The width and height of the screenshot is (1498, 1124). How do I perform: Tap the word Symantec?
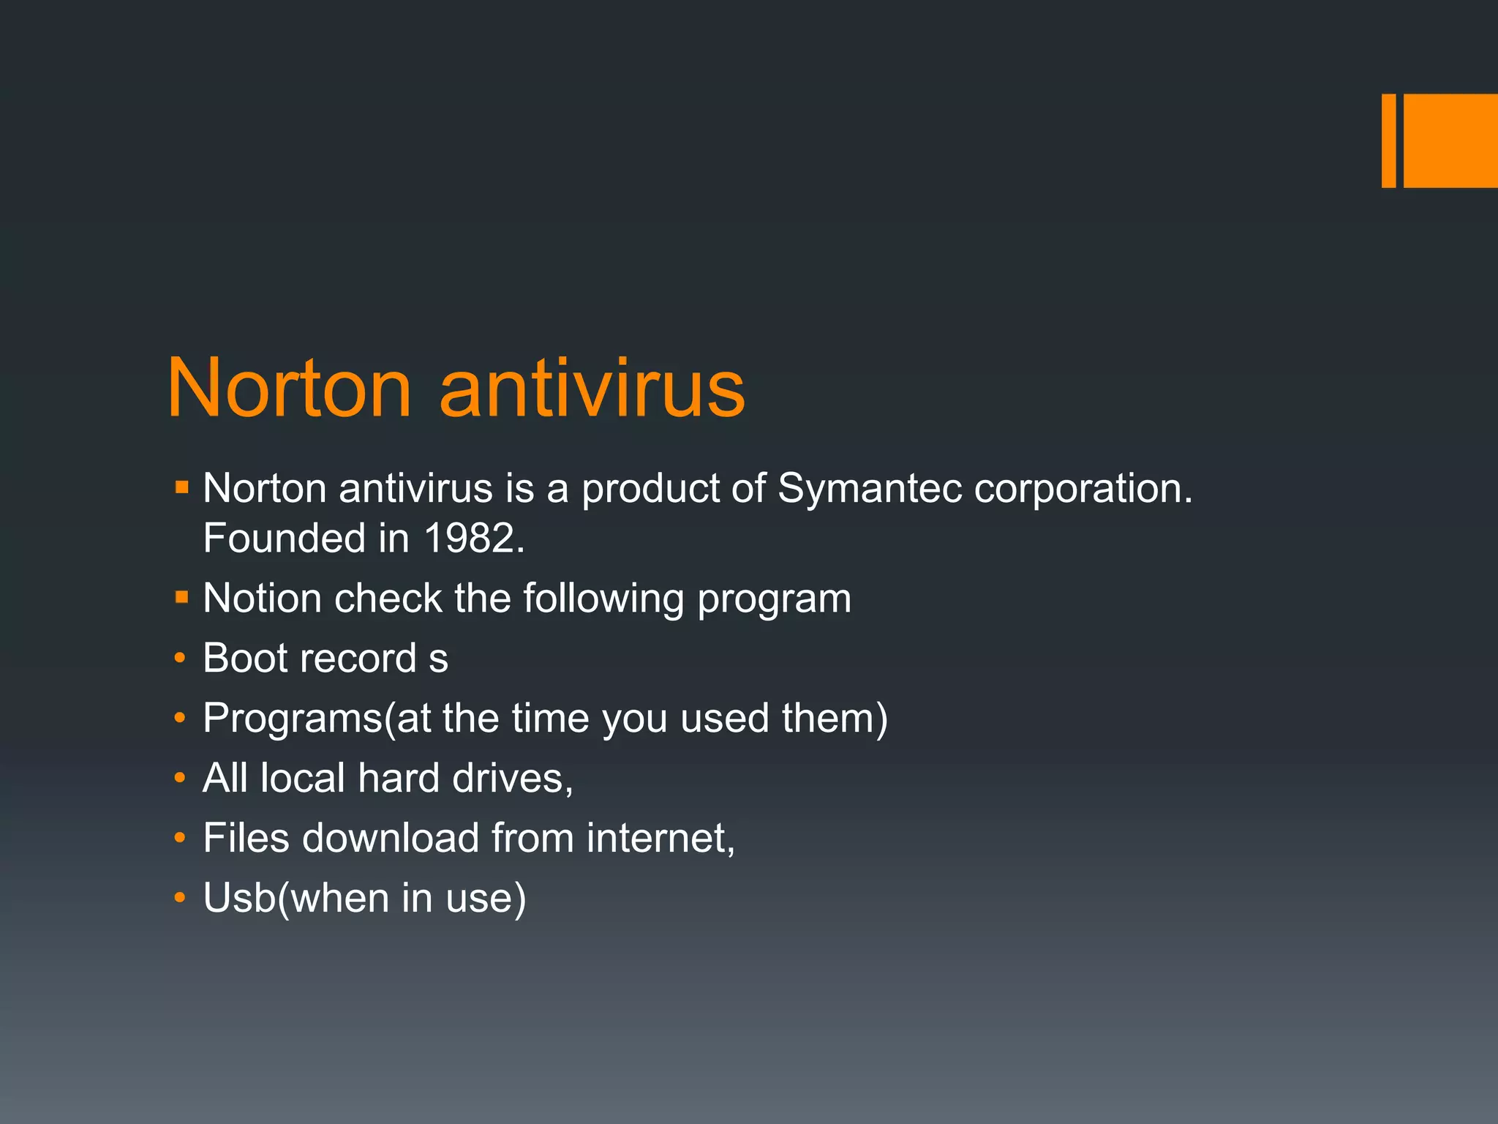click(869, 488)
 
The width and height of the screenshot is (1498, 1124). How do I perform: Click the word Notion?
click(262, 599)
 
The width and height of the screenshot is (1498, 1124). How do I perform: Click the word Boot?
click(246, 658)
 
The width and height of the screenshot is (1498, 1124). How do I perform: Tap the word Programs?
click(293, 719)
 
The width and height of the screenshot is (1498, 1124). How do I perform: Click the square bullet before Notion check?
click(182, 598)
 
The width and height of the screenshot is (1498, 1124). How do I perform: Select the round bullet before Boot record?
click(180, 659)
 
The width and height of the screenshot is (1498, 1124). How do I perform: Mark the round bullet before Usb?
click(180, 898)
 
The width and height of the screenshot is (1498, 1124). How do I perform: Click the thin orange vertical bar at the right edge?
click(1388, 140)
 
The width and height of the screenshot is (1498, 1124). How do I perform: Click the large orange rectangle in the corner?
click(1450, 140)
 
